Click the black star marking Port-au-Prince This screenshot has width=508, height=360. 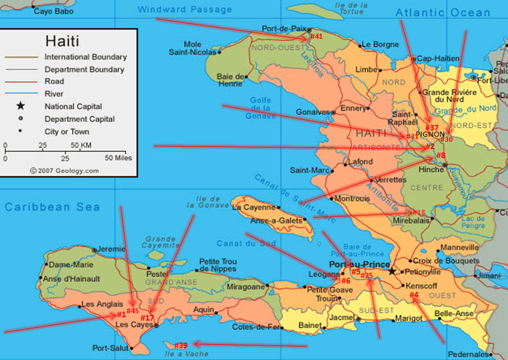pos(392,271)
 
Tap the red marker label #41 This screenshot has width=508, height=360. pos(316,37)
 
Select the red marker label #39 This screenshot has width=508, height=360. pos(181,345)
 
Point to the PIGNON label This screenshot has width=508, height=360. pos(431,134)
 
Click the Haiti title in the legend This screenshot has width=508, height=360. pos(62,41)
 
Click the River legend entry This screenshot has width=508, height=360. pos(54,94)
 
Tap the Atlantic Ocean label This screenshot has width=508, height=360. pos(442,12)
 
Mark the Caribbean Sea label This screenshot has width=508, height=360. pos(52,207)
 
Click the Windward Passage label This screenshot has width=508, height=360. pos(185,10)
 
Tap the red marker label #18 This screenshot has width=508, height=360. pos(419,212)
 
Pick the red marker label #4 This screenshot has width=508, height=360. pos(413,295)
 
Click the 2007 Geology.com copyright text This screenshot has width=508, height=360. pos(64,170)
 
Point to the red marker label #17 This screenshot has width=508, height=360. pos(147,318)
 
